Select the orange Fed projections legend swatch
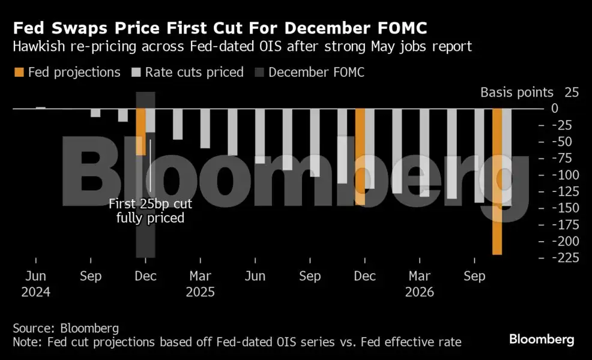pyautogui.click(x=18, y=73)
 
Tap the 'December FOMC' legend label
pyautogui.click(x=316, y=73)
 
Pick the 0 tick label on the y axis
pyautogui.click(x=571, y=109)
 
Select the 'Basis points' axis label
pyautogui.click(x=516, y=92)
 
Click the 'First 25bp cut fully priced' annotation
pyautogui.click(x=150, y=211)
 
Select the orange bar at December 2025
pyautogui.click(x=360, y=157)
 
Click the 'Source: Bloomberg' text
pyautogui.click(x=65, y=328)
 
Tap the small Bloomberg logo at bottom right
pyautogui.click(x=542, y=340)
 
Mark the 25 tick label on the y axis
pyautogui.click(x=571, y=92)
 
